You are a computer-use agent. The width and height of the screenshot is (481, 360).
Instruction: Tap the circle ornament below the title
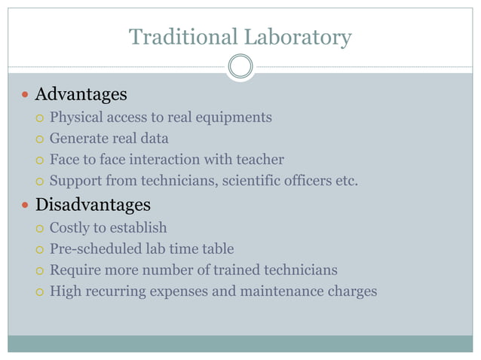point(240,67)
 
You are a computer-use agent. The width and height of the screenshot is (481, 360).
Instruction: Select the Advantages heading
point(81,95)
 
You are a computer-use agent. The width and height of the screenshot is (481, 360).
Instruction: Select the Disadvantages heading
point(93,205)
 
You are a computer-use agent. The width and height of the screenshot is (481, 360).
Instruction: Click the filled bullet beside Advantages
point(25,96)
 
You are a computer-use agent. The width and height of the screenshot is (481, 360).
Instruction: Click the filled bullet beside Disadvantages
point(25,206)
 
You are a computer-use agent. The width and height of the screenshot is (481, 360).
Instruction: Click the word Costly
point(69,227)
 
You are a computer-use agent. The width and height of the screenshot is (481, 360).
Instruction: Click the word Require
point(74,270)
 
